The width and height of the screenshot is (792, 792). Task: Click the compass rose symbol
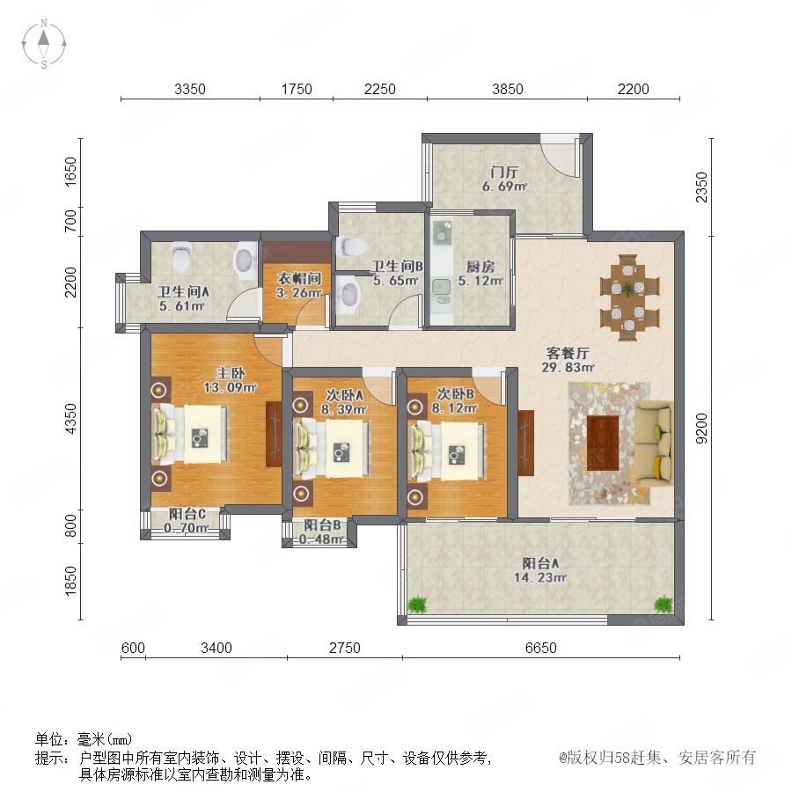click(44, 44)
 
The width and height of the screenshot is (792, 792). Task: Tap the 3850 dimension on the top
click(508, 90)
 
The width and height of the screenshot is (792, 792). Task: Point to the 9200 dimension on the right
click(701, 429)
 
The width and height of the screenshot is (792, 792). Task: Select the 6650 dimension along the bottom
click(541, 648)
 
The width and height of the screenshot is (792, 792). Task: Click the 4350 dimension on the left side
click(71, 418)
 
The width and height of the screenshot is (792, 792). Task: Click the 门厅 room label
click(504, 172)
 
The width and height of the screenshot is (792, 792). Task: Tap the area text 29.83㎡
click(568, 368)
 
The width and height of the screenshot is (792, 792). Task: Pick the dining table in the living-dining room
click(629, 297)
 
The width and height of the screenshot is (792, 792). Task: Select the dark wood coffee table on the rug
click(603, 443)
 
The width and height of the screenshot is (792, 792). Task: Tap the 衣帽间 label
click(299, 278)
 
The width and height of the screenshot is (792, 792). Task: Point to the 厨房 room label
click(480, 266)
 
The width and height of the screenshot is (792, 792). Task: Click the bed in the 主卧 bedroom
click(192, 435)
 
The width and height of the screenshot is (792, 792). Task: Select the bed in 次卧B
click(449, 451)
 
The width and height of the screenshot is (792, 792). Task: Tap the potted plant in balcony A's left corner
click(417, 604)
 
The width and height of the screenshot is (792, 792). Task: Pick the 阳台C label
click(187, 514)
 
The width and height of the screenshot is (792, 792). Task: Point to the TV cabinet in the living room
click(526, 443)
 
